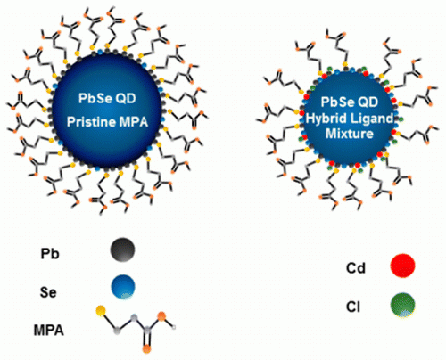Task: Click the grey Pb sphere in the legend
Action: coord(122,250)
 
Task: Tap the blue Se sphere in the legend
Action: coord(123,287)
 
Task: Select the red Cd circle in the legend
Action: coord(402,266)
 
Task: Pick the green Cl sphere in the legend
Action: coord(402,305)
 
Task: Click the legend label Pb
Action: coord(50,254)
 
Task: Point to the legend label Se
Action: coord(48,292)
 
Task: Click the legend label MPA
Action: coord(49,331)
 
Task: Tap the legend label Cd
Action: coord(356,268)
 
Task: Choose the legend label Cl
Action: coord(353,307)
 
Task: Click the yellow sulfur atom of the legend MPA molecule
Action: coord(101,311)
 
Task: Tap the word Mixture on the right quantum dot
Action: coord(350,134)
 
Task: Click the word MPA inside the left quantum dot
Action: coord(133,122)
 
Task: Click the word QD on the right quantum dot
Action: coord(368,102)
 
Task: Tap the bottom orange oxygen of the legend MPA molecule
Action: coord(146,348)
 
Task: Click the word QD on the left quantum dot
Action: coord(126,98)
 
